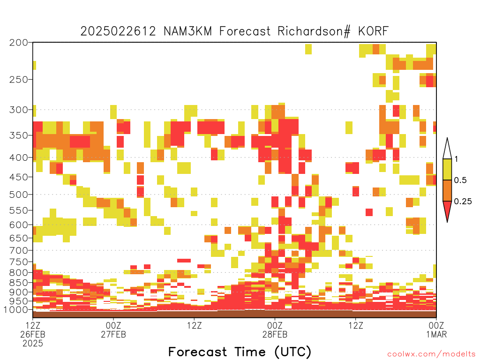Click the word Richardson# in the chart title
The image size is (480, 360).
pos(314,31)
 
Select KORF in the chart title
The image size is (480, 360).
pos(374,31)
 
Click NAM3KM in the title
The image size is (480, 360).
pos(187,31)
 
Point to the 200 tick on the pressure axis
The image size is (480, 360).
pos(18,43)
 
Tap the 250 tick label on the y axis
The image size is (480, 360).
pos(18,80)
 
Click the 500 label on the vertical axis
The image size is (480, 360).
pos(18,195)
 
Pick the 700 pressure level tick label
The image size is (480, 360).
pos(18,250)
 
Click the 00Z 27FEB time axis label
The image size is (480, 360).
pos(113,330)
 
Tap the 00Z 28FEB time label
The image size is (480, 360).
pos(275,330)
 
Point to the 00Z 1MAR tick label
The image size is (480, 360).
pos(436,330)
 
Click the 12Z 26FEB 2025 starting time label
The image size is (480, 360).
pos(33,334)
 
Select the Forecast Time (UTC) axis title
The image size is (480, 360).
pos(240,352)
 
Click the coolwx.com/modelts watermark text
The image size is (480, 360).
pos(432,354)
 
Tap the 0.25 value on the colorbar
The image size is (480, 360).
pos(463,202)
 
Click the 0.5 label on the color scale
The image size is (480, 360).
pos(460,180)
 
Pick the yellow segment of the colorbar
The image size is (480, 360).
pos(447,169)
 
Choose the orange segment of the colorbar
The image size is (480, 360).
pos(447,190)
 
